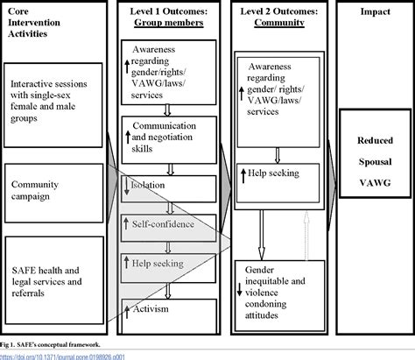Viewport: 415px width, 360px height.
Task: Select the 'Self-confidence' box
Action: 167,226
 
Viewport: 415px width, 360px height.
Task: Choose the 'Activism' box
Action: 167,307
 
